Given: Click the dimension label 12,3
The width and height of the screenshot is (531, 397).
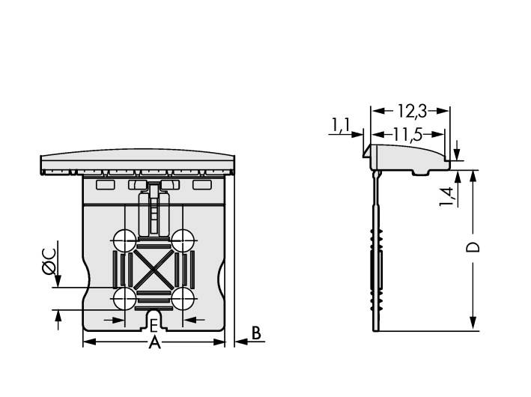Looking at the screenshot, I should (x=411, y=111).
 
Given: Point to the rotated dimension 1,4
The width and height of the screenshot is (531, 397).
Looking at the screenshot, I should (x=447, y=196).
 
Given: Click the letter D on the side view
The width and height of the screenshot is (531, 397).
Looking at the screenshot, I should (x=473, y=248).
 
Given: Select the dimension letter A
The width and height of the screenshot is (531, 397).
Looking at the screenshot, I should (x=154, y=343).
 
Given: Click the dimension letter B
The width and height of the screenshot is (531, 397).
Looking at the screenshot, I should (x=255, y=333).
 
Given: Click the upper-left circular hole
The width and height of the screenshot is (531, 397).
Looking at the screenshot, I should (x=124, y=240).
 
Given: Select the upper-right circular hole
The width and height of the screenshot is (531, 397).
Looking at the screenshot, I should (x=182, y=240).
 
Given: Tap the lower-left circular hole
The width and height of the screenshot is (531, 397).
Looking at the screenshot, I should (x=124, y=298).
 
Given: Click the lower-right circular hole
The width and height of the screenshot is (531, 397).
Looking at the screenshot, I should (x=182, y=298).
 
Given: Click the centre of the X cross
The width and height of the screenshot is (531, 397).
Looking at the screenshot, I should (x=153, y=269).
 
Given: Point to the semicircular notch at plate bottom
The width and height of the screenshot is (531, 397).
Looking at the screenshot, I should (x=153, y=320).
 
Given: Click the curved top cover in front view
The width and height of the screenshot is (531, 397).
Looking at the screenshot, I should (x=136, y=162).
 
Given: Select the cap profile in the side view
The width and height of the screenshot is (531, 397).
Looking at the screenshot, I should (x=408, y=158).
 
